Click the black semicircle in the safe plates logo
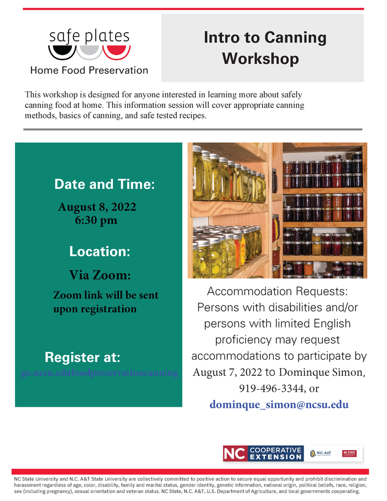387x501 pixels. tap(61, 52)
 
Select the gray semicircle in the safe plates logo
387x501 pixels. tap(89, 52)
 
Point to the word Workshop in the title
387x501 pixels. tap(260, 58)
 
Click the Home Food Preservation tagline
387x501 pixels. tap(89, 70)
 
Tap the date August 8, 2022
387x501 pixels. tap(97, 208)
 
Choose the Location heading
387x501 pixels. tap(100, 251)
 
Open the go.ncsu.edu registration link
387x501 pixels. tap(100, 373)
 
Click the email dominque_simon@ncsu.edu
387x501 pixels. tap(279, 405)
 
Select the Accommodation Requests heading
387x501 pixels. tap(278, 291)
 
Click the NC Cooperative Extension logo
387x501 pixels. tap(263, 453)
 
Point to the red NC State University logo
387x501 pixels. tap(349, 453)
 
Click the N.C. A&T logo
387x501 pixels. tap(321, 453)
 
